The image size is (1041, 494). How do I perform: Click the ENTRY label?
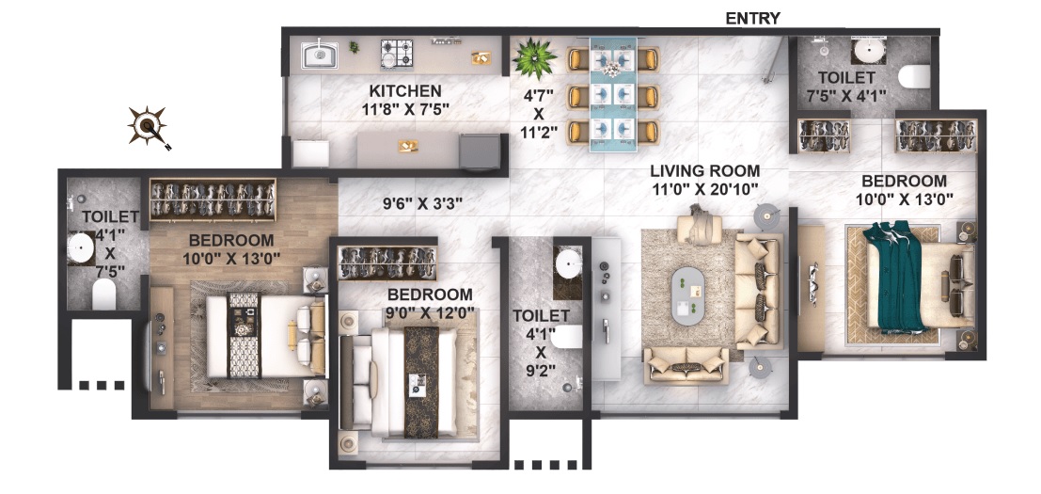[752, 19]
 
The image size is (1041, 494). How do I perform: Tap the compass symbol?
[149, 126]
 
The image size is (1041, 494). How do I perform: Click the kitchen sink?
[320, 56]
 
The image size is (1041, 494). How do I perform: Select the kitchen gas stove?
[397, 55]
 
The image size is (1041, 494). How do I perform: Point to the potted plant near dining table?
[534, 58]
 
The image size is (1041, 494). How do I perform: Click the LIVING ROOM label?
[705, 171]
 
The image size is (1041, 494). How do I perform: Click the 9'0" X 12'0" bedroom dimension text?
[430, 312]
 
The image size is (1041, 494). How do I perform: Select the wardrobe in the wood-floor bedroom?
[213, 199]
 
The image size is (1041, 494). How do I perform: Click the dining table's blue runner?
[613, 94]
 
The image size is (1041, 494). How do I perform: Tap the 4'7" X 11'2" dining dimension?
[539, 114]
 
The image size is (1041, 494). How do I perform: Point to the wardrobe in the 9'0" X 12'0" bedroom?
[387, 263]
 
